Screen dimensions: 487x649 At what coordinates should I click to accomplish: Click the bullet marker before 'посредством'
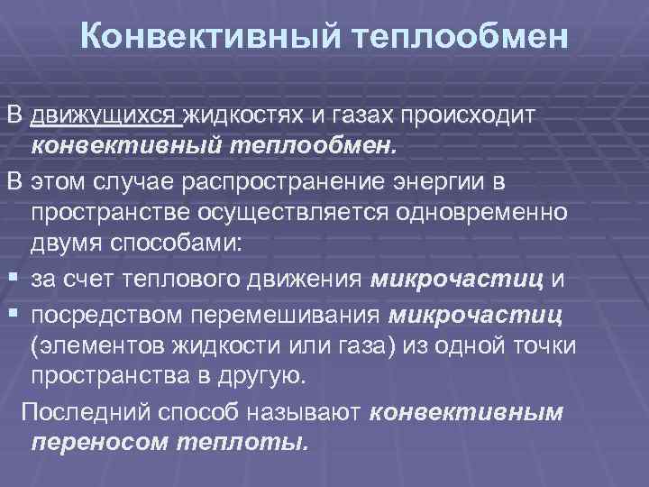coord(12,312)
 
